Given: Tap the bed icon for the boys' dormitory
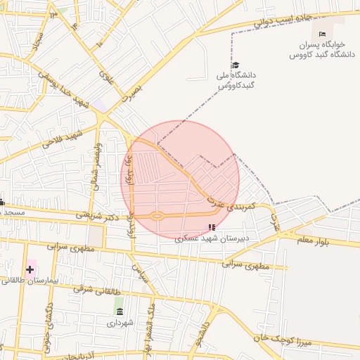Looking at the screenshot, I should (322, 34).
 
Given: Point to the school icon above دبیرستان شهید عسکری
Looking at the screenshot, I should (211, 227).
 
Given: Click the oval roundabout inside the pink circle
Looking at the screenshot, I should (157, 216).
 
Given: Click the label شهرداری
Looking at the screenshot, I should (119, 324).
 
